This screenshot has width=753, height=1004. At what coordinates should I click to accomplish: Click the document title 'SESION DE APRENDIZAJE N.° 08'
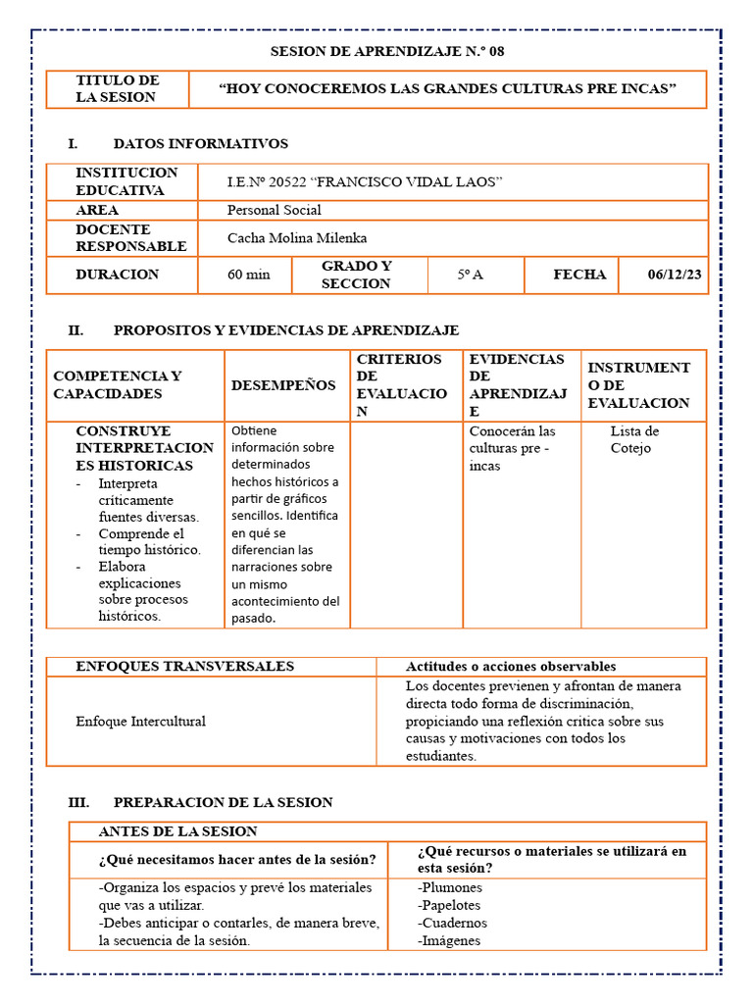coord(387,51)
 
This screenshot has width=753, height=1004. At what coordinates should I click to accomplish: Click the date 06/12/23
coord(675,275)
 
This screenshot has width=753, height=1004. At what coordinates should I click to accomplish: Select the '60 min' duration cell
coord(248,275)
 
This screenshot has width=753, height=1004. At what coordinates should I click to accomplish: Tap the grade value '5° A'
coord(470,275)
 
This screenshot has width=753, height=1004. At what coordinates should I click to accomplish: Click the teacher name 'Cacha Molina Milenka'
coord(298,237)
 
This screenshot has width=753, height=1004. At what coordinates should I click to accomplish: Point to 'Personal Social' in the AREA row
coord(274,210)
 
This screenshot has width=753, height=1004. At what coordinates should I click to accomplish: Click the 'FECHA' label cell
coord(579,275)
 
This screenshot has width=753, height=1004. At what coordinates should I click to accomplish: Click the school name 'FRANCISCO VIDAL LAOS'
coord(406,182)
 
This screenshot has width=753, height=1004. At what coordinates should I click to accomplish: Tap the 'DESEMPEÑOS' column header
coord(283,385)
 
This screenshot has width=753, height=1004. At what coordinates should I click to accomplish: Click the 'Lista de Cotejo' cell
coord(634,439)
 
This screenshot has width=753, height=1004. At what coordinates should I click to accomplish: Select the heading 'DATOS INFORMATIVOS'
coord(200,144)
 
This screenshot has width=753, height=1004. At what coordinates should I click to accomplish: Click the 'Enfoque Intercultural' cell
coord(140,721)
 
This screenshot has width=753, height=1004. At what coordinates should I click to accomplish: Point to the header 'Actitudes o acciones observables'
coord(511,667)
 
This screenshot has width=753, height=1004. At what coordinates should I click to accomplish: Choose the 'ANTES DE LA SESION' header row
coord(177,831)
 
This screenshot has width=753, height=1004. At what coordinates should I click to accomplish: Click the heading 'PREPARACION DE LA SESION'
coord(223,802)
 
